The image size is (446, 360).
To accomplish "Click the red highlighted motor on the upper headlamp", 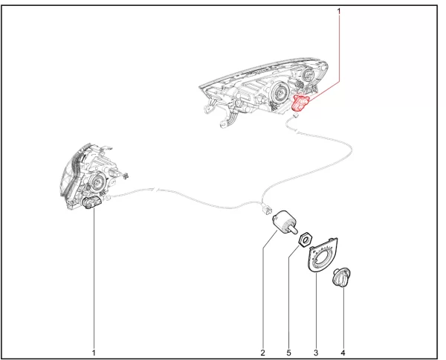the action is click(x=300, y=103).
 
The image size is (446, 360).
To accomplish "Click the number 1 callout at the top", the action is click(x=338, y=11).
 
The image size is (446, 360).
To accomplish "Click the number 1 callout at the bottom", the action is click(x=94, y=353).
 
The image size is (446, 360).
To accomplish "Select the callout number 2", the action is click(x=262, y=353).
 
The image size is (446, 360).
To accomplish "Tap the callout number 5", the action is click(x=288, y=353).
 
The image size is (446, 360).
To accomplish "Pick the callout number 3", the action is click(x=316, y=353).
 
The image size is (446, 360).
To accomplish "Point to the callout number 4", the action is click(x=343, y=353).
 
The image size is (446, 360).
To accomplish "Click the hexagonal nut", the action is click(x=306, y=240).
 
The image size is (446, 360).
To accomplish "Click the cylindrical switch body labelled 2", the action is click(x=282, y=222).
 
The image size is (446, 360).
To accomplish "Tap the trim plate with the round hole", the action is click(x=323, y=255).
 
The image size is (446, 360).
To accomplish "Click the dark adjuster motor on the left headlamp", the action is click(x=90, y=202).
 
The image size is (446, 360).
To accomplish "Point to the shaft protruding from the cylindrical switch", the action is click(x=293, y=228).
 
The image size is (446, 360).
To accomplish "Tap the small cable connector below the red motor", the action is click(x=296, y=115).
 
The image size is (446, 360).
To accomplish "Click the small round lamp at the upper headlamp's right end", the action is click(x=308, y=74).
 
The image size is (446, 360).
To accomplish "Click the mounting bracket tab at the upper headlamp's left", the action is click(x=208, y=109).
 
